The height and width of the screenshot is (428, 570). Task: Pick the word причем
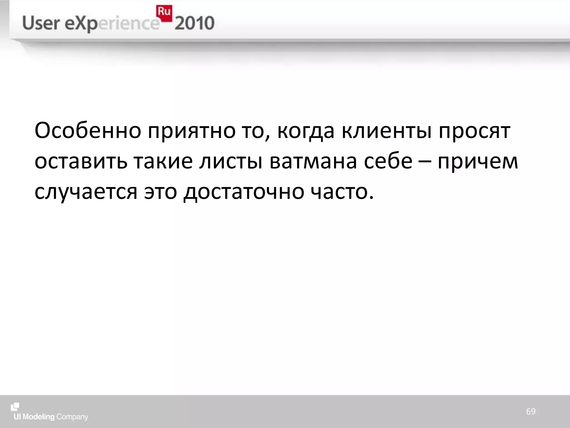point(478,162)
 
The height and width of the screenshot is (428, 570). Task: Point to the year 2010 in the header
point(195,23)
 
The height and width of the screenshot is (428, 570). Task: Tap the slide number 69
point(530,411)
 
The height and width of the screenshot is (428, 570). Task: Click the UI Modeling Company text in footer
point(51,417)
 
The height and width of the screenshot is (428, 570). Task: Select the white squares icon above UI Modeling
point(15,407)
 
